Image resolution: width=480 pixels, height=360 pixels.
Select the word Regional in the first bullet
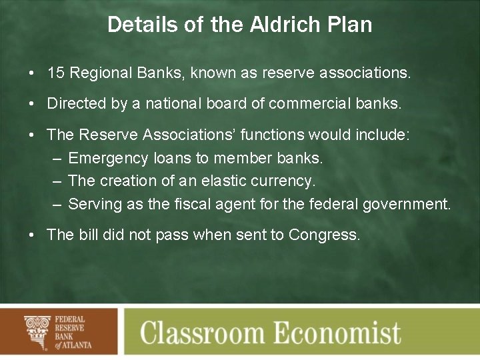click(x=94, y=73)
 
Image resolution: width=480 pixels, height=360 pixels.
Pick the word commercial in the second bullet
click(x=302, y=104)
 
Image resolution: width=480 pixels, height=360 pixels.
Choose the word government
click(x=407, y=204)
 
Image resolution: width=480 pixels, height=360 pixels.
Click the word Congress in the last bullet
click(x=324, y=235)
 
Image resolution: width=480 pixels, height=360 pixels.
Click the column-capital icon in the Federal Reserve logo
click(x=37, y=332)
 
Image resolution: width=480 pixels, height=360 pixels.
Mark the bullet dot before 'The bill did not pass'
click(x=31, y=235)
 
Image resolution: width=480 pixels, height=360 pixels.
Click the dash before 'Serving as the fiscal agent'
click(x=57, y=204)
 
